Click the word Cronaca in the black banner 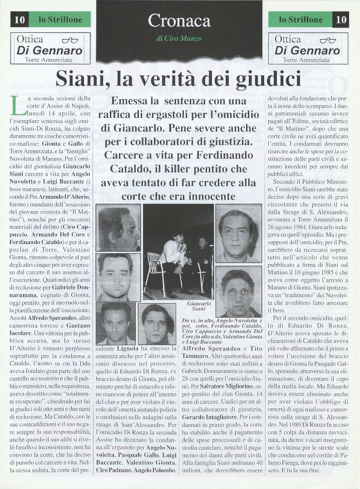[x=179, y=20]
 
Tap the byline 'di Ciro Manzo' [x=179, y=39]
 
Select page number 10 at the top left [x=20, y=19]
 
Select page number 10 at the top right [x=341, y=20]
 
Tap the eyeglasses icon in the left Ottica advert [x=70, y=40]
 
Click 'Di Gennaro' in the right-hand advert [x=307, y=50]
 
